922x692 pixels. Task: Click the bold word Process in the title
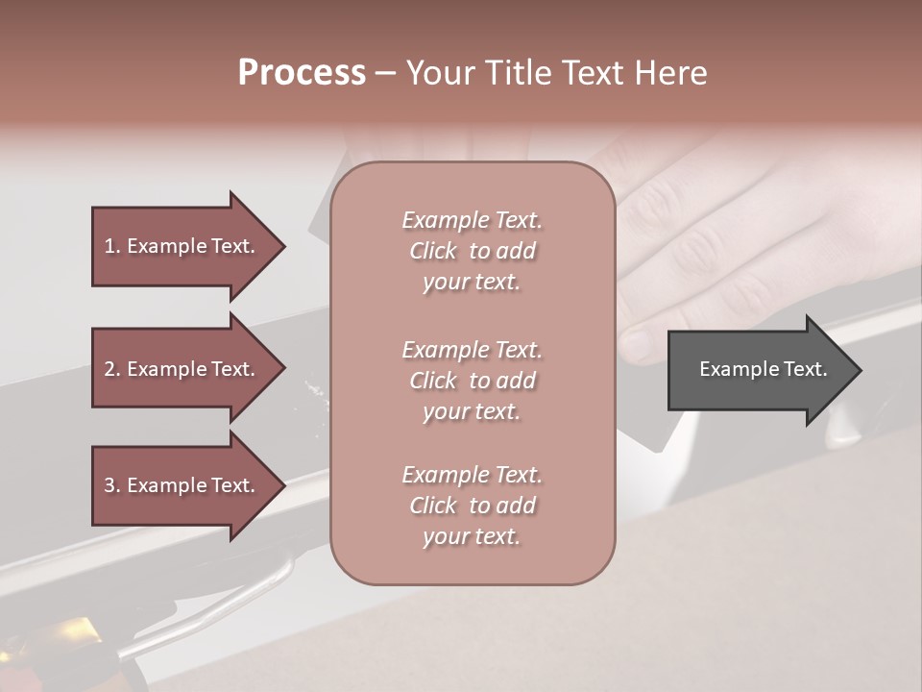302,73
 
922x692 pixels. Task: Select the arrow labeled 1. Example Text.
182,246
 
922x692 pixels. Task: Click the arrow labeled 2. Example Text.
182,369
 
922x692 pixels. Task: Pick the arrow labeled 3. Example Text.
182,485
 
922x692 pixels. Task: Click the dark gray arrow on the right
759,370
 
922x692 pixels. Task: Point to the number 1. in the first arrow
112,246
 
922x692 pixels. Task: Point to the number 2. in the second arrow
112,369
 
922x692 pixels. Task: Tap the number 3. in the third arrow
112,485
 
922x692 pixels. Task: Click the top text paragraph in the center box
472,251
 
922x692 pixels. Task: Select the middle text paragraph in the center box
472,380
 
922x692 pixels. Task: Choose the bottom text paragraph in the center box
472,506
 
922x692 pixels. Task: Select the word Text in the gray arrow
806,369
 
